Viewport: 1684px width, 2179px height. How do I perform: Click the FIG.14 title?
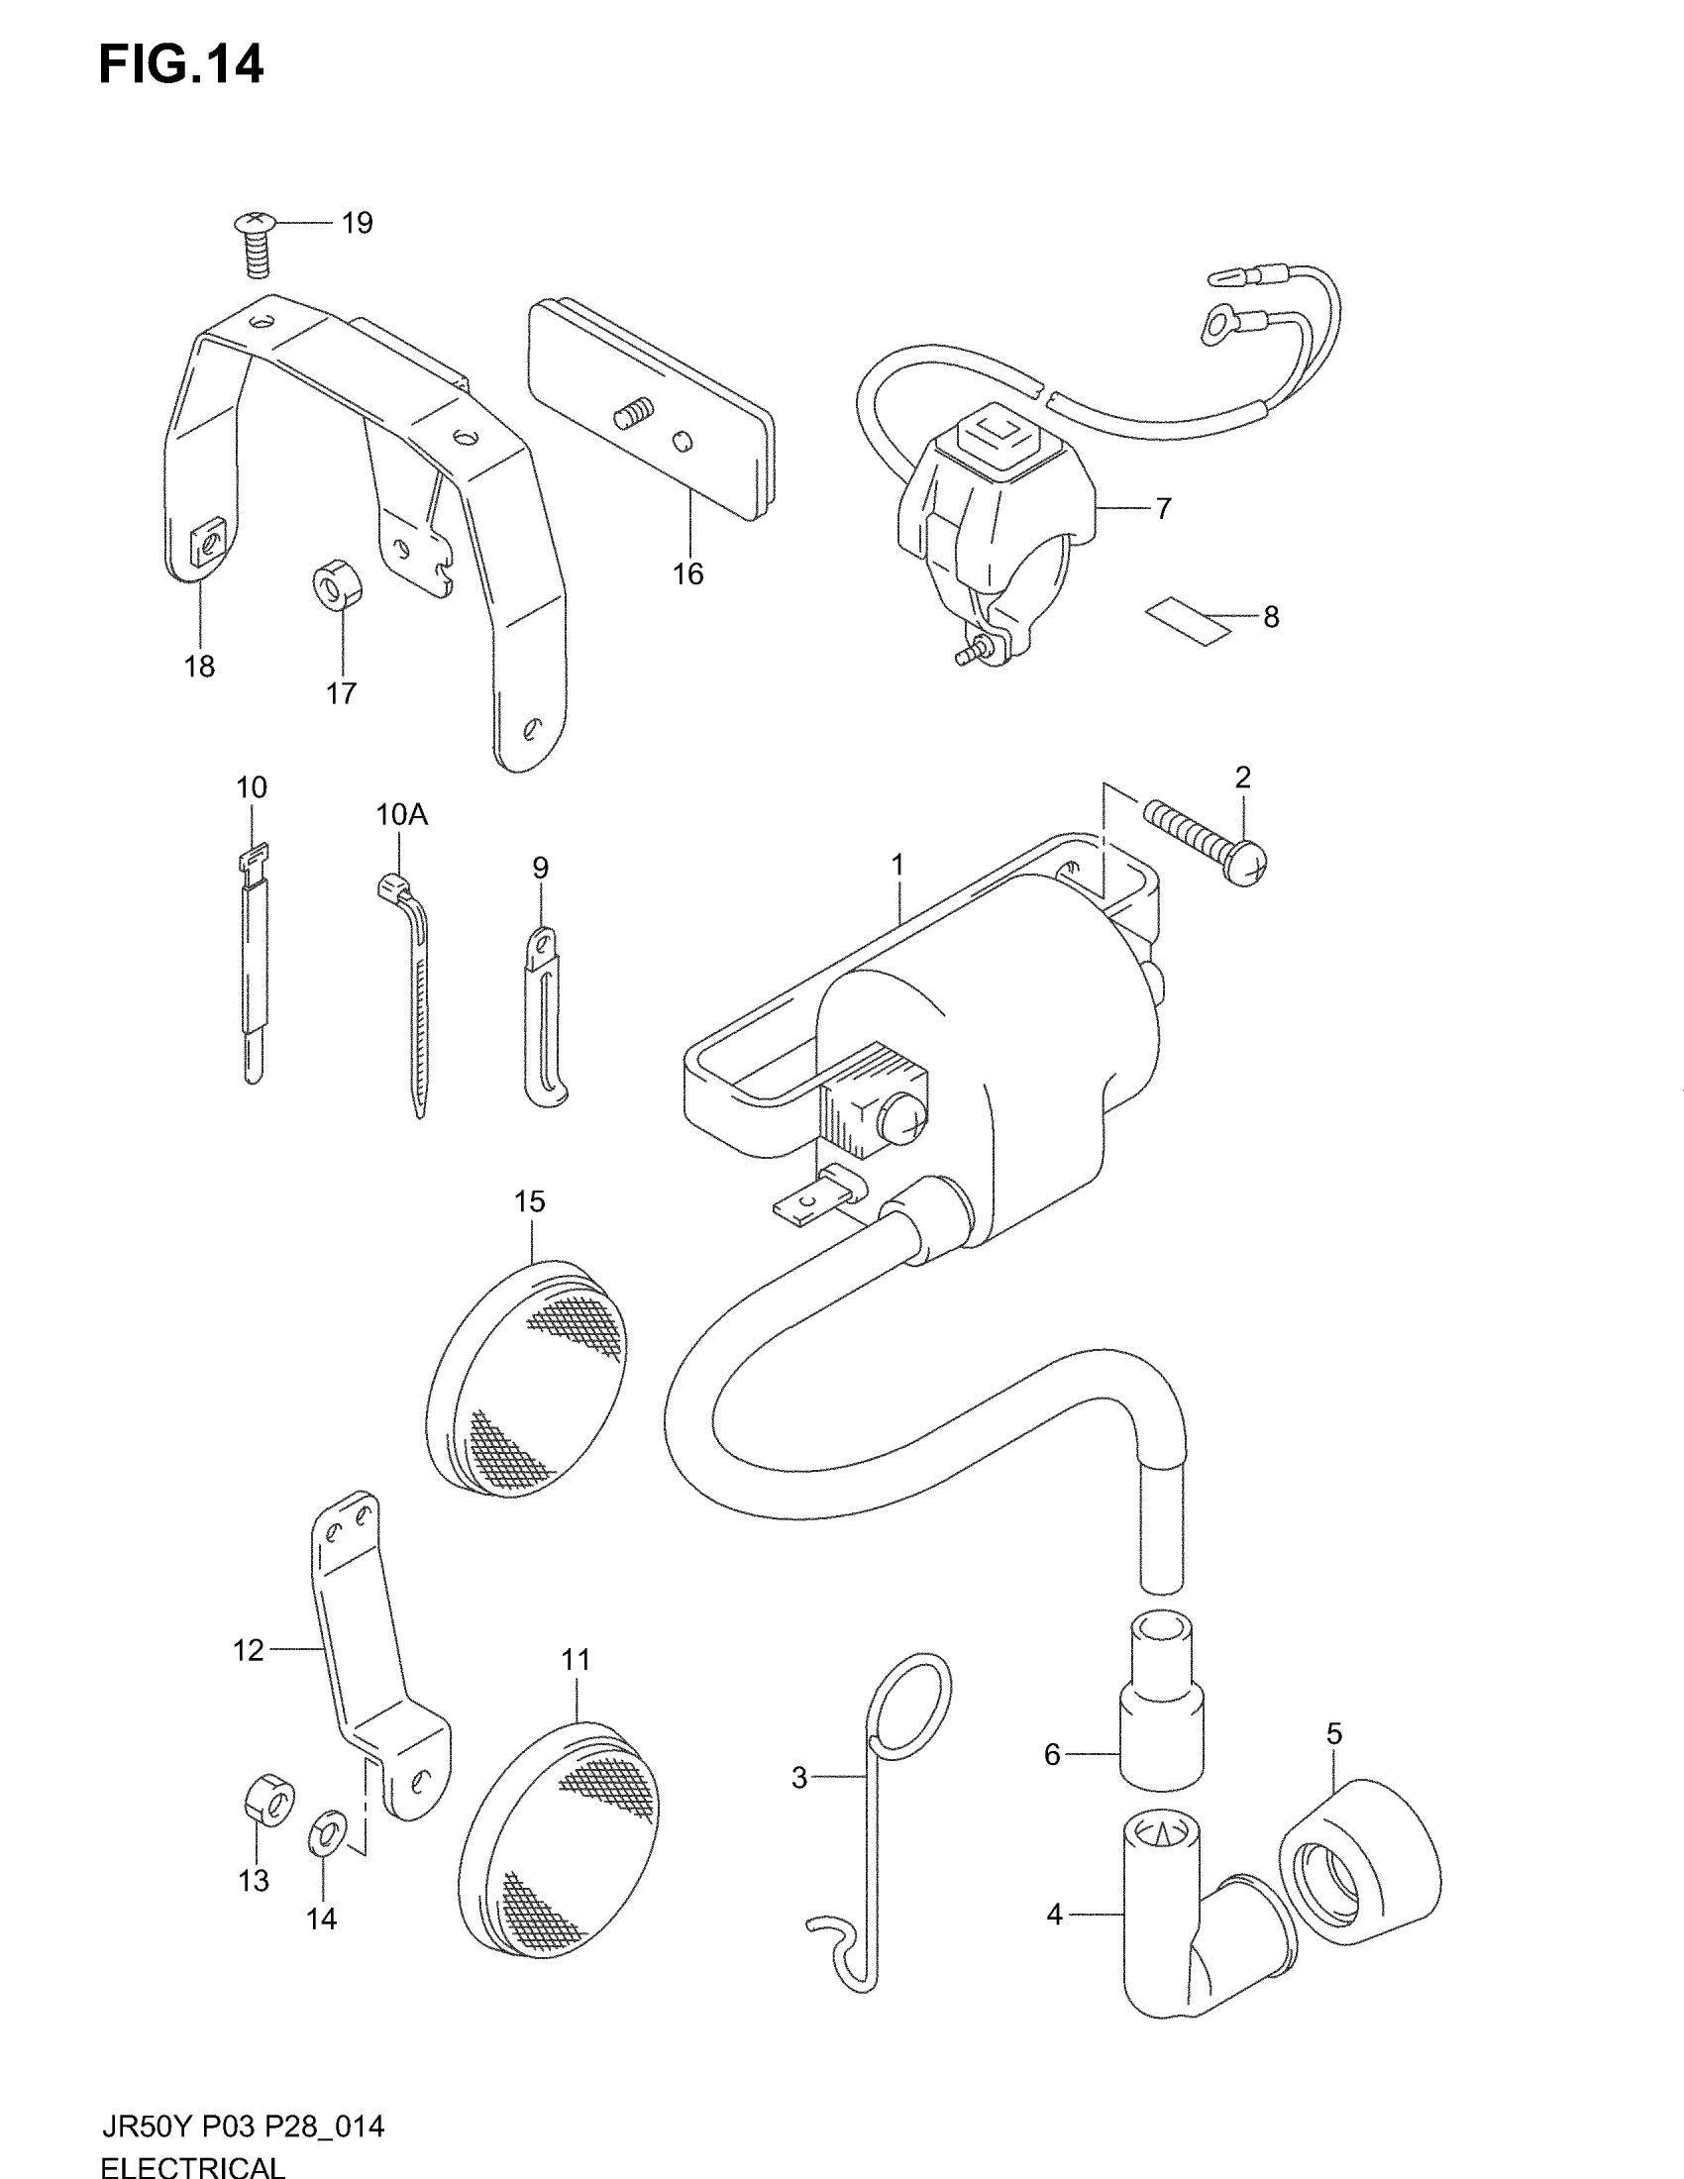coord(180,64)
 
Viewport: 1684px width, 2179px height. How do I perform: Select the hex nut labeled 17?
coord(338,582)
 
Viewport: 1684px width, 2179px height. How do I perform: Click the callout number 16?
coord(687,573)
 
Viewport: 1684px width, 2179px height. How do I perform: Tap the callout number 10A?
coord(401,815)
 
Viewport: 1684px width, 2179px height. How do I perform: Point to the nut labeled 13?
coord(268,1796)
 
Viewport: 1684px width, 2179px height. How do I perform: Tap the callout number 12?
coord(248,1650)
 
